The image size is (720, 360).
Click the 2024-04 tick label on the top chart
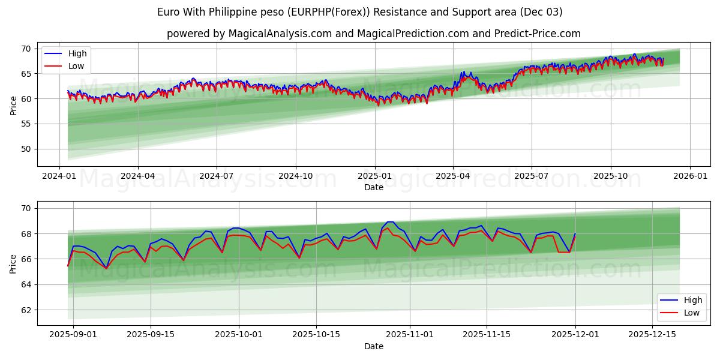coord(138,176)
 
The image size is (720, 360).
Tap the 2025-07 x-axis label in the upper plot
coord(532,176)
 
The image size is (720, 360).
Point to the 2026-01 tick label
coord(689,176)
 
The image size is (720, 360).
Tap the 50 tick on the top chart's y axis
coord(26,149)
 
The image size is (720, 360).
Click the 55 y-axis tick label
coord(26,124)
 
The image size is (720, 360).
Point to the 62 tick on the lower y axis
coord(26,310)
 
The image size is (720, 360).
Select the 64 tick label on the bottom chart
coord(26,284)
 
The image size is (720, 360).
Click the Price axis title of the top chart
coord(13,106)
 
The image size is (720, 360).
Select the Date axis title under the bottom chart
coord(373,346)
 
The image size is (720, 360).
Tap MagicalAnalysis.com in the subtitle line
coord(280,34)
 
